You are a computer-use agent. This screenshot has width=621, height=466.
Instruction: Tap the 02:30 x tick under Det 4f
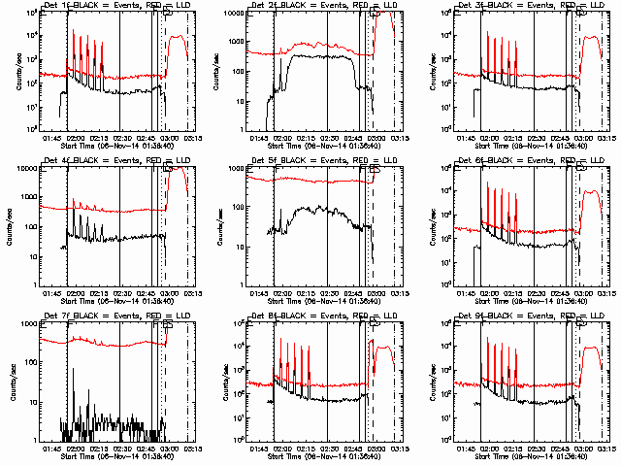coord(118,290)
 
